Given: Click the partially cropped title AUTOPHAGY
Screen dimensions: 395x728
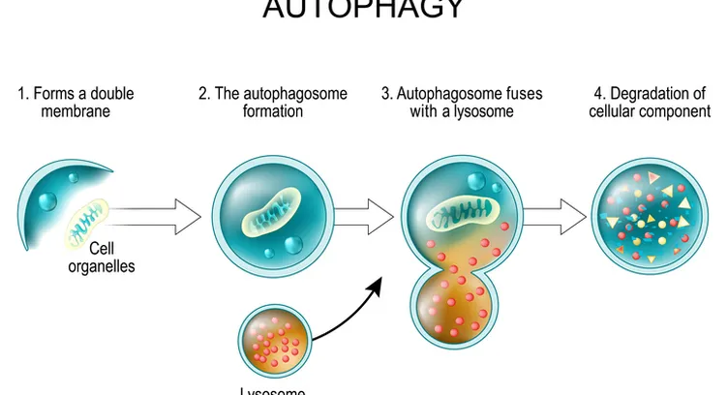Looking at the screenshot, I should pos(363,10).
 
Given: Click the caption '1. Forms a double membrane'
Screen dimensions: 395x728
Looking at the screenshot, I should pos(76,103).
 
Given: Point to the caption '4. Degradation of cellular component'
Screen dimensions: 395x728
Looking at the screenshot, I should pos(651,103).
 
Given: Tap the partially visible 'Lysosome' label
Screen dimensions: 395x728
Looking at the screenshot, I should pos(273,390).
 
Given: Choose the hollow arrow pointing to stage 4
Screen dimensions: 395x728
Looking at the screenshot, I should pos(557,214).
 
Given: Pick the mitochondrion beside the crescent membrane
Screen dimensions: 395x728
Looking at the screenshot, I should pos(88,222).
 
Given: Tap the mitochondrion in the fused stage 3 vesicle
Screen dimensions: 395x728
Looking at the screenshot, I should pos(463,215).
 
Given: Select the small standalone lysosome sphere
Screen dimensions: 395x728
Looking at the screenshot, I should pos(276,339).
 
